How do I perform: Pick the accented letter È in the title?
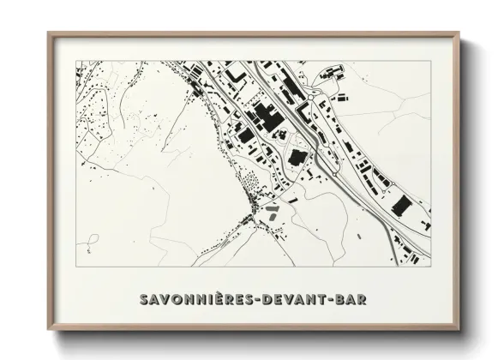216,298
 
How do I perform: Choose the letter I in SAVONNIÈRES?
207,299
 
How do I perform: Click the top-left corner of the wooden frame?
48,33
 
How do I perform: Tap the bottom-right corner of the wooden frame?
458,329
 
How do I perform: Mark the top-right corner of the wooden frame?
458,33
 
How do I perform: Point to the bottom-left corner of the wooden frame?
48,329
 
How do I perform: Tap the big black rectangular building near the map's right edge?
400,206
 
